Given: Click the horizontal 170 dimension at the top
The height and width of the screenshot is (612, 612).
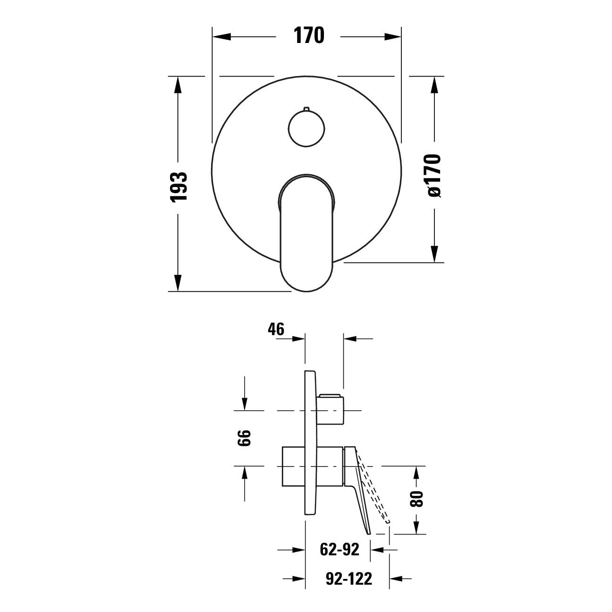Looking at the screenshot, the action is (x=309, y=35).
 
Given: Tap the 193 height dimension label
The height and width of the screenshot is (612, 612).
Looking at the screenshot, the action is (x=179, y=187).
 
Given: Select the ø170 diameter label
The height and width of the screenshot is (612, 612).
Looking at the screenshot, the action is (x=434, y=176).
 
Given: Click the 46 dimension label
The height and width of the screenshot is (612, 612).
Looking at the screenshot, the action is (x=276, y=329).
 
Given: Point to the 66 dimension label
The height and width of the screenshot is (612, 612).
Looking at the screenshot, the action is (x=244, y=438).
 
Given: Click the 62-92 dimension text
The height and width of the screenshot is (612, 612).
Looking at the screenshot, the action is (x=340, y=549).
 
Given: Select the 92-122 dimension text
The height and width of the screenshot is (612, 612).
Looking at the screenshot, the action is (x=348, y=578).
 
